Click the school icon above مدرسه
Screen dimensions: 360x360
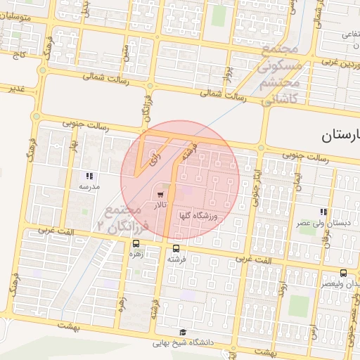[x=89, y=176]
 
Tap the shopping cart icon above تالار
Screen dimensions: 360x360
[x=161, y=194]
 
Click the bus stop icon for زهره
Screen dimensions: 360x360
[x=135, y=243]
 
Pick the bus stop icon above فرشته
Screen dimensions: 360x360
[x=176, y=248]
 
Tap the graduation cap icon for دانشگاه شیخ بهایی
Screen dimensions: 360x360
[x=183, y=333]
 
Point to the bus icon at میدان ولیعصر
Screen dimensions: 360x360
[x=343, y=273]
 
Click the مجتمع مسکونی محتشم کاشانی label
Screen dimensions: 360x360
[x=281, y=72]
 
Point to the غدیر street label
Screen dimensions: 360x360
[x=17, y=89]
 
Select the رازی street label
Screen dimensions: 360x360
[x=155, y=159]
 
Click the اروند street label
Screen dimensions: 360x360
[x=281, y=289]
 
